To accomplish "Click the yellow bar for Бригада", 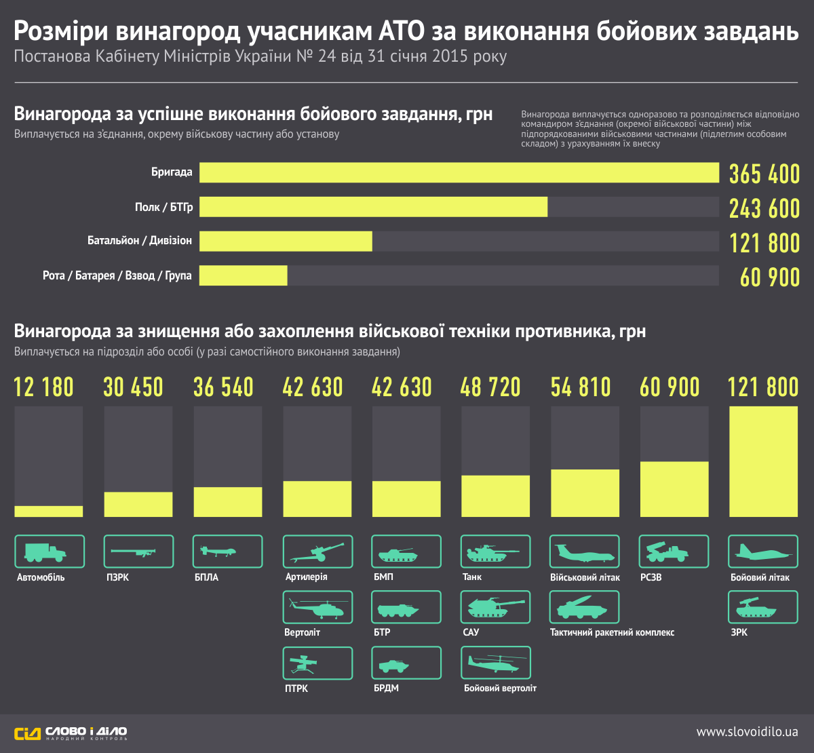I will tap(459, 172).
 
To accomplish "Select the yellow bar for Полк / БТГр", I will tap(373, 207).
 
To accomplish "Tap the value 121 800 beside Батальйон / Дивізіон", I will tap(764, 242).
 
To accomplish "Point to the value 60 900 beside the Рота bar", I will tap(770, 277).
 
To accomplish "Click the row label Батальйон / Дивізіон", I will tap(140, 241).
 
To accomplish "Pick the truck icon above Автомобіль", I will tap(50, 552).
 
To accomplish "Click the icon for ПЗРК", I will tap(138, 552).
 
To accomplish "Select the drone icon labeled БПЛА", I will tap(227, 552).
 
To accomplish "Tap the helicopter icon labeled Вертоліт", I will tap(317, 607).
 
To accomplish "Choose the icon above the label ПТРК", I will tap(317, 663).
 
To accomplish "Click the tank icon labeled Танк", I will tap(495, 552).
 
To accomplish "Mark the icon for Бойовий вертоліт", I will tap(495, 663).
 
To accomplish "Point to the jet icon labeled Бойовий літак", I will tap(763, 552).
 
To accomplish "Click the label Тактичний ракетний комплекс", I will tap(612, 632).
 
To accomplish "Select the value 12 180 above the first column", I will tap(44, 387).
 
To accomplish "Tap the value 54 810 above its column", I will tap(581, 387).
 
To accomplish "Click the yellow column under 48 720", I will tap(495, 496).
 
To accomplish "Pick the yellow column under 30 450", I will tap(138, 504).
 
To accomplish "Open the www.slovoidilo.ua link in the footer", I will tap(747, 733).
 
